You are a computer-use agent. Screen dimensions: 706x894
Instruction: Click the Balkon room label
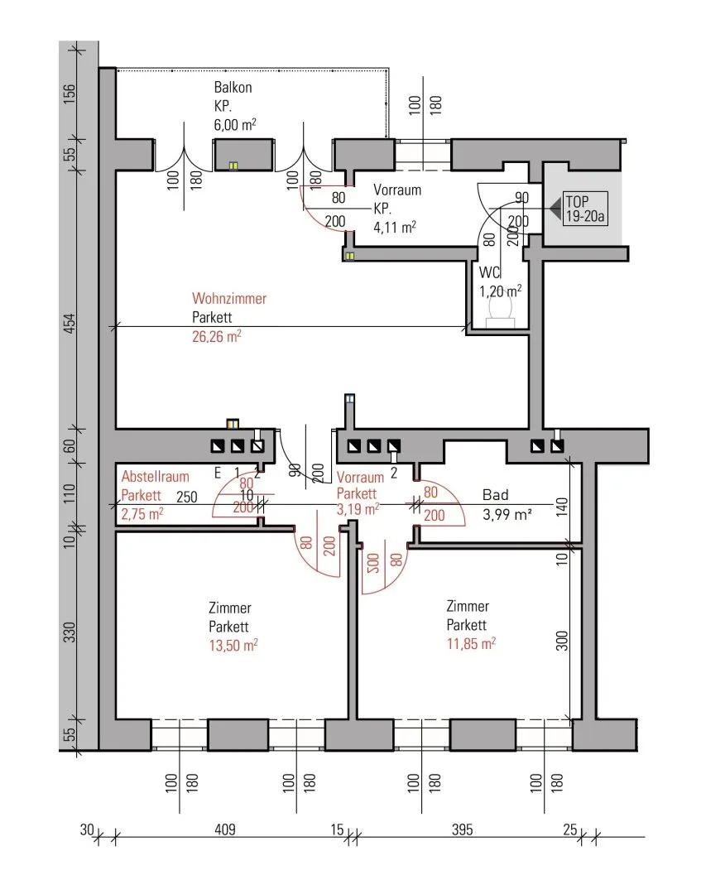pyautogui.click(x=233, y=87)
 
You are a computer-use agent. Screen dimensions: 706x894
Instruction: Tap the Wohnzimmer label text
pyautogui.click(x=229, y=298)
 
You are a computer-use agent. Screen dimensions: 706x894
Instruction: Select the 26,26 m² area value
pyautogui.click(x=217, y=336)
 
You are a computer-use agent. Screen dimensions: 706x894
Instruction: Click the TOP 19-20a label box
pyautogui.click(x=585, y=209)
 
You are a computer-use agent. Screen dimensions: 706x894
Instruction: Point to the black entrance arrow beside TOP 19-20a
pyautogui.click(x=555, y=209)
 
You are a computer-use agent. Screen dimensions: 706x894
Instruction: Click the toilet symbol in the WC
pyautogui.click(x=501, y=314)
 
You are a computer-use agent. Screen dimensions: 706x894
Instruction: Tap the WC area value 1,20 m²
pyautogui.click(x=500, y=291)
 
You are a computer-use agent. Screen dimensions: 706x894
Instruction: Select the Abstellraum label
pyautogui.click(x=155, y=477)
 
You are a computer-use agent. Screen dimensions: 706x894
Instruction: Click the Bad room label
pyautogui.click(x=495, y=495)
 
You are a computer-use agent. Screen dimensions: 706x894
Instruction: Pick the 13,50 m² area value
pyautogui.click(x=233, y=646)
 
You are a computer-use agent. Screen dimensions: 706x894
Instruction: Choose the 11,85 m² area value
pyautogui.click(x=471, y=644)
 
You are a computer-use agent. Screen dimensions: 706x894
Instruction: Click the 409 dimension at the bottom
pyautogui.click(x=224, y=829)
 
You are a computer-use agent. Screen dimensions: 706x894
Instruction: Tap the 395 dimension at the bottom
pyautogui.click(x=462, y=829)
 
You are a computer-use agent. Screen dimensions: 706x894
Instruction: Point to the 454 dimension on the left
pyautogui.click(x=69, y=324)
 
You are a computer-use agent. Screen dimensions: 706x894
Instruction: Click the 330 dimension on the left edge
pyautogui.click(x=69, y=632)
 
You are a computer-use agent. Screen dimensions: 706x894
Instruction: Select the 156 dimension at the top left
pyautogui.click(x=69, y=94)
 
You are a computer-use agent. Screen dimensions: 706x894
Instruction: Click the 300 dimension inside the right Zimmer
pyautogui.click(x=562, y=641)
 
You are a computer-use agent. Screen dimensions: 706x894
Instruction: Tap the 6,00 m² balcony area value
pyautogui.click(x=235, y=124)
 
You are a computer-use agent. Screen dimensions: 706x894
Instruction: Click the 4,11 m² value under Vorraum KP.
pyautogui.click(x=395, y=228)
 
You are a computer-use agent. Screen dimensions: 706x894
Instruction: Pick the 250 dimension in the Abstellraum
pyautogui.click(x=186, y=497)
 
